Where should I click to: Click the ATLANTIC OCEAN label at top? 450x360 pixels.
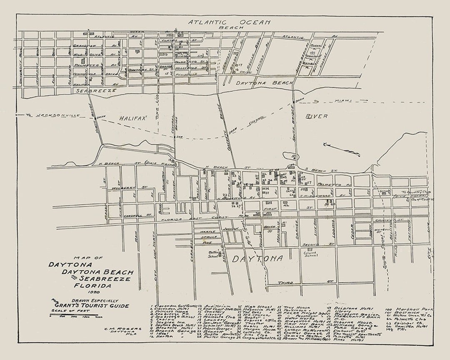coord(229,22)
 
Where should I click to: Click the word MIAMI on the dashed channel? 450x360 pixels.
coord(342,101)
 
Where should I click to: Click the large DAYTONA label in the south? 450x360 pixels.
coord(257,259)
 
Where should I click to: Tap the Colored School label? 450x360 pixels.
coord(310,253)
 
